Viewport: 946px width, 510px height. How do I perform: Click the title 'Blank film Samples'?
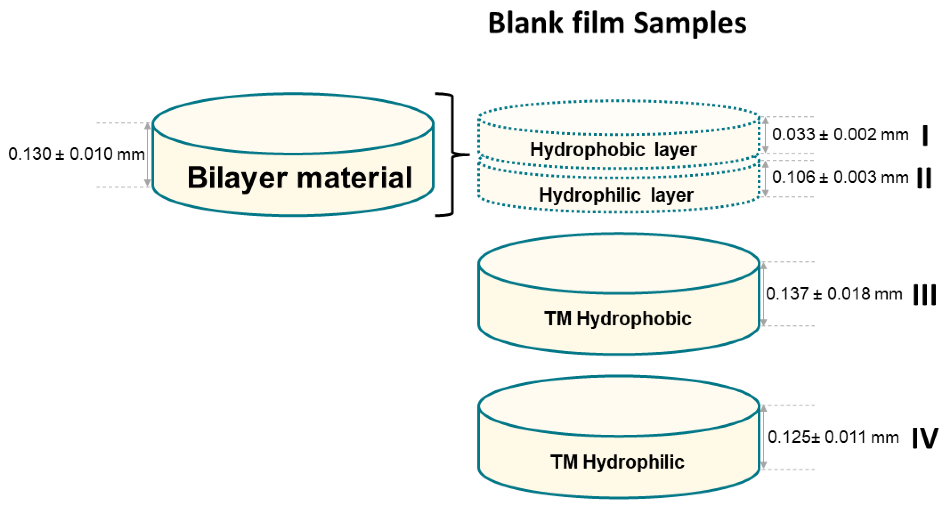click(x=617, y=23)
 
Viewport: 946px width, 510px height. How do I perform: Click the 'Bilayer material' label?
click(x=300, y=178)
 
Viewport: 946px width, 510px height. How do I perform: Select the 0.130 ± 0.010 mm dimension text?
click(x=76, y=154)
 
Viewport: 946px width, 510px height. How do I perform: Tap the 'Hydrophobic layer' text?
click(x=613, y=150)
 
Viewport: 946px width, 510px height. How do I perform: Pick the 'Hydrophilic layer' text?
click(x=616, y=195)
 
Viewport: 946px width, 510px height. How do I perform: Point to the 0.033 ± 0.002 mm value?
click(x=840, y=134)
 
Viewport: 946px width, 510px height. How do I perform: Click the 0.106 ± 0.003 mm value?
click(x=840, y=177)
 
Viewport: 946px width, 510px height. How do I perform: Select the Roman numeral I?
click(x=925, y=135)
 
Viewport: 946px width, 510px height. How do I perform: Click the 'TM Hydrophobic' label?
click(x=618, y=319)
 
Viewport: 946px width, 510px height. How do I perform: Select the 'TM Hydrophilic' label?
click(x=617, y=462)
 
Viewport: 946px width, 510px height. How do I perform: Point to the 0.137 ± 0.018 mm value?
click(x=834, y=294)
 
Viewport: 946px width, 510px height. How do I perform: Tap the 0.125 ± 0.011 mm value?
click(x=833, y=437)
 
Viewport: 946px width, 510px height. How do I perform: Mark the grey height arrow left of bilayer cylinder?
click(x=147, y=154)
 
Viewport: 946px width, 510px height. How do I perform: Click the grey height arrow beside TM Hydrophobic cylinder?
click(x=764, y=294)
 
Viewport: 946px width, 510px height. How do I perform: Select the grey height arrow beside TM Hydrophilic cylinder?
click(x=764, y=437)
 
